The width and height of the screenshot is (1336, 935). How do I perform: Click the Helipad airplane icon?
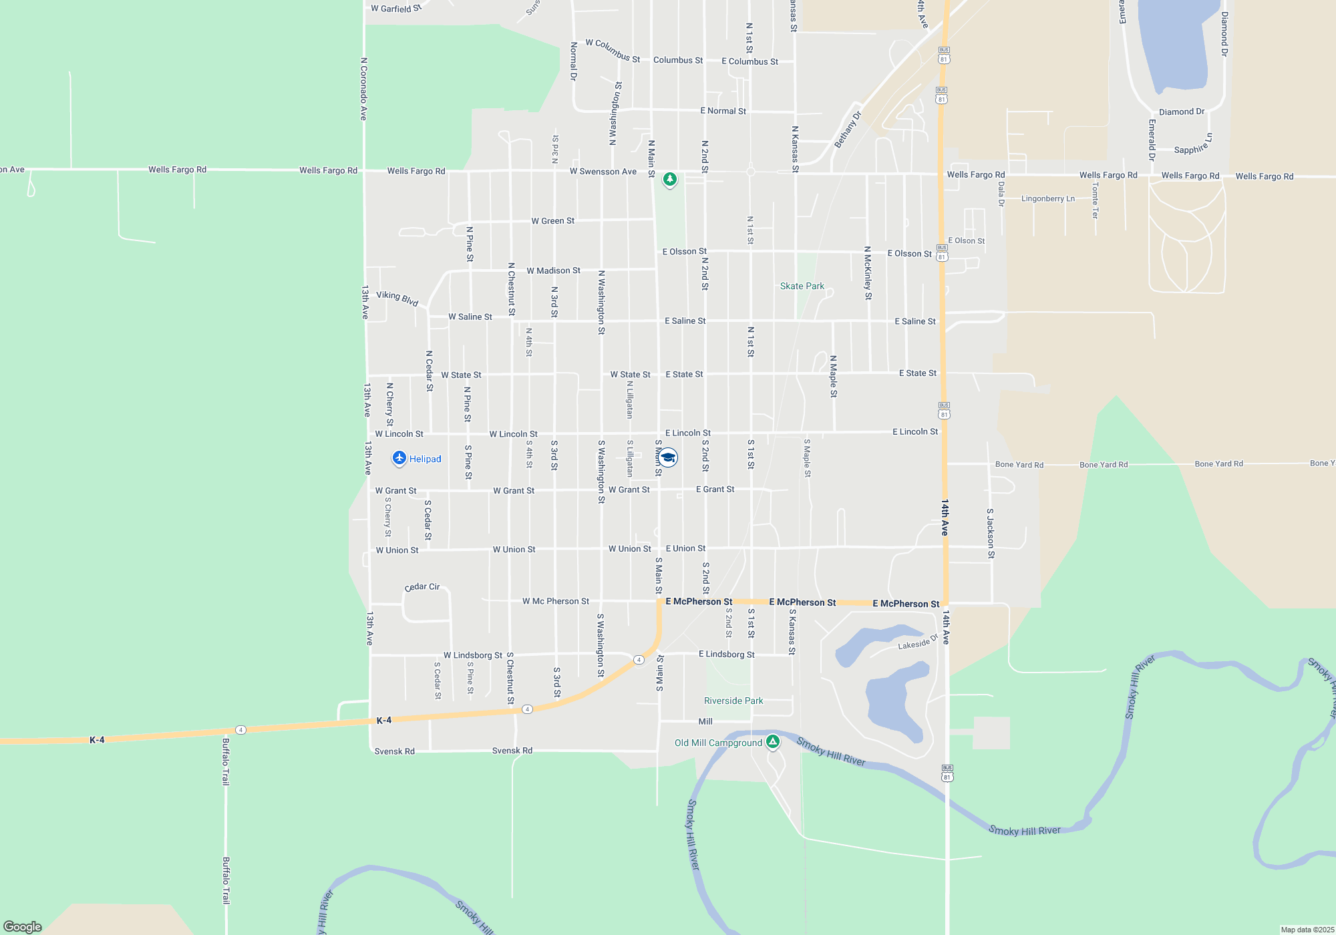click(399, 458)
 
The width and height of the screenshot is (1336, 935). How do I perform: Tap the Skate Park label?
click(802, 286)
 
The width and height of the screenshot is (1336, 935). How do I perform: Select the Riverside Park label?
click(733, 701)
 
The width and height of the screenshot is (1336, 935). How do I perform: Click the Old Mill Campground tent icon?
click(773, 741)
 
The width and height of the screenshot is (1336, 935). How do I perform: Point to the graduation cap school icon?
click(668, 457)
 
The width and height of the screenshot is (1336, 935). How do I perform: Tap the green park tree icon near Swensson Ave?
click(669, 179)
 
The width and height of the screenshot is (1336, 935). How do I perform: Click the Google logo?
click(23, 926)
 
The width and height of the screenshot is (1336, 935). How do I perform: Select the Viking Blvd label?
click(397, 298)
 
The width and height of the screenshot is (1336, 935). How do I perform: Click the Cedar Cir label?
click(422, 587)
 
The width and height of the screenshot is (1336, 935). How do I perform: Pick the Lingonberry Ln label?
click(1047, 198)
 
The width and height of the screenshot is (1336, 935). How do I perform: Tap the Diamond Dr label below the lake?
click(1181, 112)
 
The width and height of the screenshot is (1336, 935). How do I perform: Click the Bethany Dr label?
click(848, 130)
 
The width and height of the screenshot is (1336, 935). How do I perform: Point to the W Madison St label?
click(553, 270)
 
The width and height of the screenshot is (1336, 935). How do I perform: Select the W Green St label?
click(552, 220)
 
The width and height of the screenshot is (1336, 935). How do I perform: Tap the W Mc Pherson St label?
click(555, 601)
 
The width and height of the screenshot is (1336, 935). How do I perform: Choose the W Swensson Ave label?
click(603, 172)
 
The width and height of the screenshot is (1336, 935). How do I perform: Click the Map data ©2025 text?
click(1307, 930)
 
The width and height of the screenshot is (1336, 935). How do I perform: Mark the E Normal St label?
click(723, 111)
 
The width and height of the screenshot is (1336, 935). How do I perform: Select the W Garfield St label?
click(396, 9)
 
